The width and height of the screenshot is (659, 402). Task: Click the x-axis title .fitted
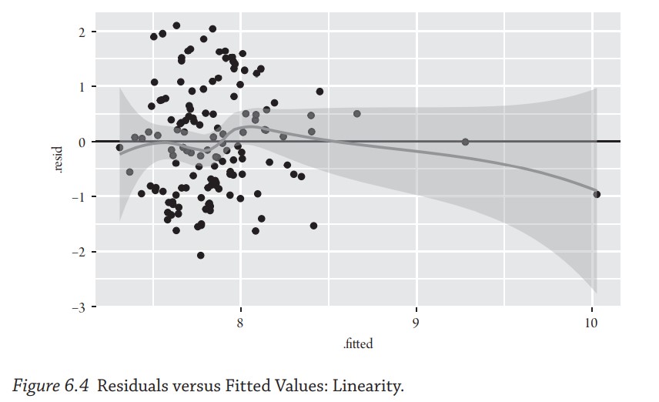tap(358, 344)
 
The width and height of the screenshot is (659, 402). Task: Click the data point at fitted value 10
tap(597, 194)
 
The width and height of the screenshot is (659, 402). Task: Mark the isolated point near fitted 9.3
tap(465, 142)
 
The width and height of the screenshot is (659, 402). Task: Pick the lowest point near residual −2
tap(201, 255)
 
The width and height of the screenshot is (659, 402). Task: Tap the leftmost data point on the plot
tap(119, 147)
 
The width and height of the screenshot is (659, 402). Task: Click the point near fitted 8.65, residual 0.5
tap(357, 113)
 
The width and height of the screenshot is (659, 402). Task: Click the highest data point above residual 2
tap(176, 25)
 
